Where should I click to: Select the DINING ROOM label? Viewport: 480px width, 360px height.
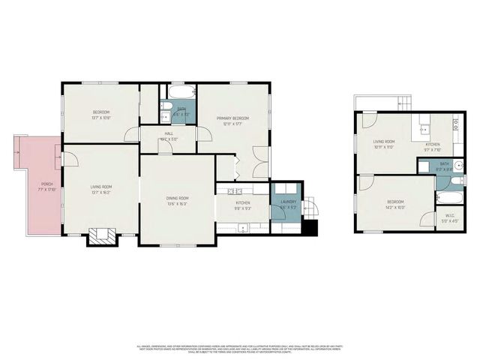[x=177, y=197]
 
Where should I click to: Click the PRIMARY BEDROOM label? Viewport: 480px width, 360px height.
[x=232, y=118]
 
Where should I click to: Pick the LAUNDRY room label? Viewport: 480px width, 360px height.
[x=289, y=201]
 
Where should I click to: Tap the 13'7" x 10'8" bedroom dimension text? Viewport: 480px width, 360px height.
[x=100, y=118]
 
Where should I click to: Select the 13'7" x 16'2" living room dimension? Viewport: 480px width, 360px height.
[x=100, y=192]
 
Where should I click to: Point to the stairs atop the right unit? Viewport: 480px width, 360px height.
[x=403, y=103]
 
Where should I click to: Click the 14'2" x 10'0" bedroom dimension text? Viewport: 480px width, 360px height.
[x=395, y=206]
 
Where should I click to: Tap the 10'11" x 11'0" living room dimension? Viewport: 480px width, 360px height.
[x=384, y=145]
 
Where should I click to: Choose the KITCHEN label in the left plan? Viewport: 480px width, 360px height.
[x=242, y=203]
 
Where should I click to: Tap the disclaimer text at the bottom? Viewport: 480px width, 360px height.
[x=240, y=348]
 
